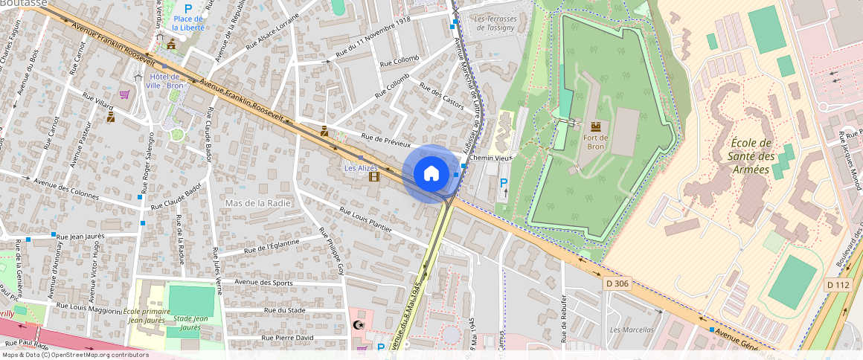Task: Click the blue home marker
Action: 431,174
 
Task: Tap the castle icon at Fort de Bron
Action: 595,126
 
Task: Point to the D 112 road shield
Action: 838,285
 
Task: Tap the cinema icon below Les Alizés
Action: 373,177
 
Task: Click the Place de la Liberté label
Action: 187,22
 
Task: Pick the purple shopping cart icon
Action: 124,94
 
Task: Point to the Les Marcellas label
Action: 631,330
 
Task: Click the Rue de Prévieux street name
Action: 385,140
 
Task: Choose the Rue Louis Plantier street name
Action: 365,221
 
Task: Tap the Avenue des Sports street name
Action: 263,282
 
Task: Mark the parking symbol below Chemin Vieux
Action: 504,183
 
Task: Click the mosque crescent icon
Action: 359,324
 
